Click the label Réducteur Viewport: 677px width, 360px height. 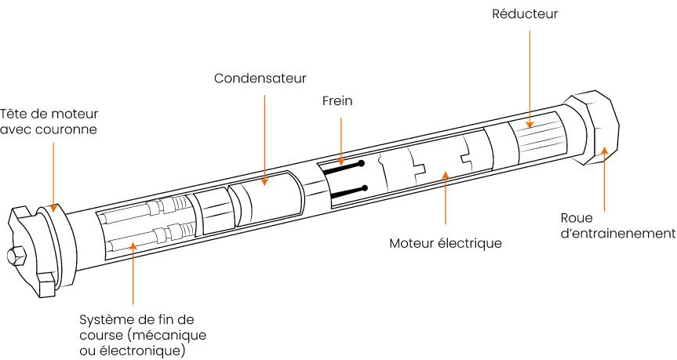tap(525, 14)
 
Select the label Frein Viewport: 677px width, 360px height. tap(337, 100)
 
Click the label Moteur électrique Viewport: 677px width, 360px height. tap(445, 243)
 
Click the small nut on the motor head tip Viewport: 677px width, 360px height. tap(16, 256)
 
